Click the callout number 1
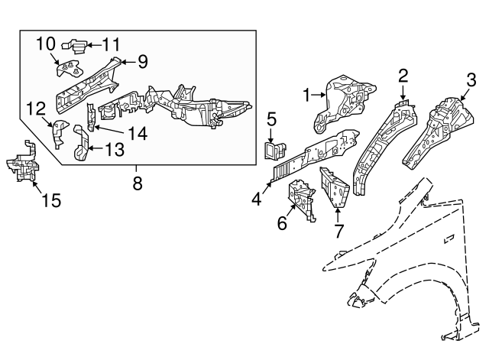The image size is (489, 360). tap(307, 96)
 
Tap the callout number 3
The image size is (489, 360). tap(471, 79)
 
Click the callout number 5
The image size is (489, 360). tap(270, 118)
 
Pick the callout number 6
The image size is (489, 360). tap(282, 225)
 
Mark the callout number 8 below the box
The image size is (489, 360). tap(138, 183)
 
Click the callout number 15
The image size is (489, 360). tap(50, 202)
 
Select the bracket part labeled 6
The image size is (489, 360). tap(301, 199)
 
